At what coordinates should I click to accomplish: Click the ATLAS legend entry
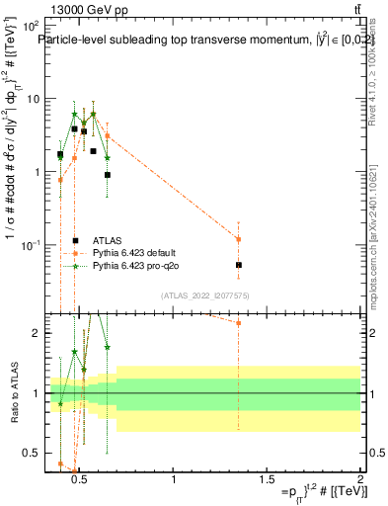pos(108,240)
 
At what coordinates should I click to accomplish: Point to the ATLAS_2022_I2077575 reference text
pos(204,295)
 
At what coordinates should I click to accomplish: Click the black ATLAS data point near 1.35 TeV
pos(239,265)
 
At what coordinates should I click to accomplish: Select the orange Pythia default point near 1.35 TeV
pos(239,239)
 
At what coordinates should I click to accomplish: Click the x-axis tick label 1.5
pos(267,480)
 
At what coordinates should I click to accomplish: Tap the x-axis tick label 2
pos(359,480)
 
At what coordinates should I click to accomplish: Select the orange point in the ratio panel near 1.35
pos(239,323)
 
